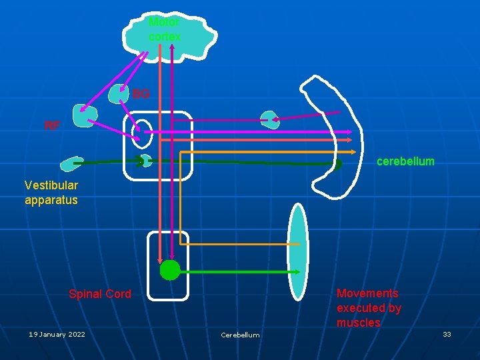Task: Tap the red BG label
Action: click(141, 94)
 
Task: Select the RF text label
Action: click(52, 125)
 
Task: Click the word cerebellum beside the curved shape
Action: click(405, 161)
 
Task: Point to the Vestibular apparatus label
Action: click(51, 193)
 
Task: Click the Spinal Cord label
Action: click(100, 294)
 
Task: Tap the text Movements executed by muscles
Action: click(369, 308)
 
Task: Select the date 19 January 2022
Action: click(57, 334)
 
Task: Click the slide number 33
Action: click(447, 334)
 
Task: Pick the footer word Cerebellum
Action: click(240, 335)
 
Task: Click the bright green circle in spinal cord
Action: click(170, 270)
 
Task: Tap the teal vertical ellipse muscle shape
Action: click(298, 252)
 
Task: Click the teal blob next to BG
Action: click(119, 94)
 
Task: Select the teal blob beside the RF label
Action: click(85, 117)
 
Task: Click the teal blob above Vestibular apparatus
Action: click(69, 163)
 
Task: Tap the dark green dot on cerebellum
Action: click(337, 163)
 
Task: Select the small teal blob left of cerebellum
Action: click(269, 119)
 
